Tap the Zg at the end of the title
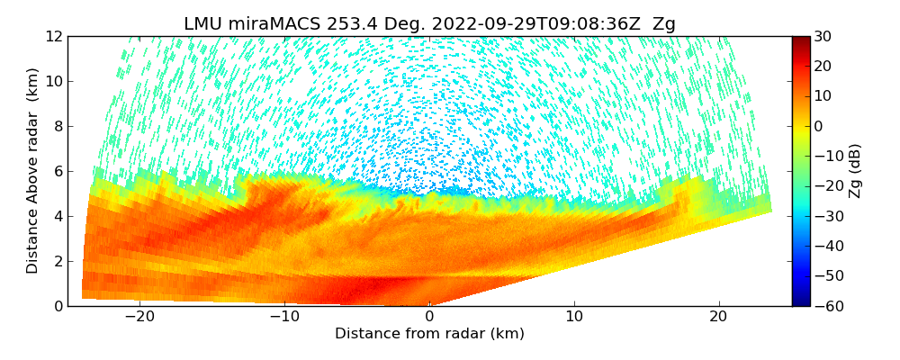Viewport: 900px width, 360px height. point(664,24)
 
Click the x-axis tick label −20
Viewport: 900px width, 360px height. point(139,318)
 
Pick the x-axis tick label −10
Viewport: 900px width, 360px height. point(284,318)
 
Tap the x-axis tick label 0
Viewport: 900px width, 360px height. point(429,318)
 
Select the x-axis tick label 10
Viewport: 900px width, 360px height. point(574,318)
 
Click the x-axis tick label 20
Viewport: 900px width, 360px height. point(718,318)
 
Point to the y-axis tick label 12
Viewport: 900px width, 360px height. point(52,36)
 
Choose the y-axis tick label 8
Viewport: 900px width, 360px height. point(57,126)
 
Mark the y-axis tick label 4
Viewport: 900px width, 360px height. point(57,216)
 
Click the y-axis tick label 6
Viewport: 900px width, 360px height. point(57,171)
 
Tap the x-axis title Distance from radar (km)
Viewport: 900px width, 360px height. point(429,334)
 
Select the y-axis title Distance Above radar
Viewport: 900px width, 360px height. point(33,171)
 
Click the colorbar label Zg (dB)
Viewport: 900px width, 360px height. point(855,171)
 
